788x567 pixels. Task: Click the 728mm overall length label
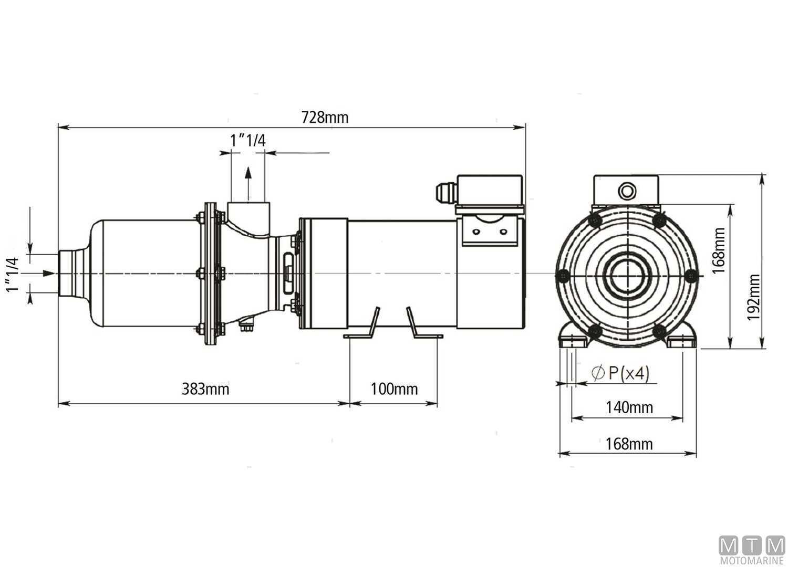(x=325, y=117)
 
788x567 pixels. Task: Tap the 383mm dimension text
(x=205, y=389)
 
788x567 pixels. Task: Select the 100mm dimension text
(x=394, y=389)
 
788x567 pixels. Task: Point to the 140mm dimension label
(x=629, y=407)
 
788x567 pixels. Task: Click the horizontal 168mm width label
(x=629, y=444)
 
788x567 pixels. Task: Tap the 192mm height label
(x=754, y=297)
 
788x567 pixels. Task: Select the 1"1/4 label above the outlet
(x=247, y=140)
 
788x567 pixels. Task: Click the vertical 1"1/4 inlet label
(x=13, y=274)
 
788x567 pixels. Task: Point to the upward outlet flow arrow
(x=247, y=181)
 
